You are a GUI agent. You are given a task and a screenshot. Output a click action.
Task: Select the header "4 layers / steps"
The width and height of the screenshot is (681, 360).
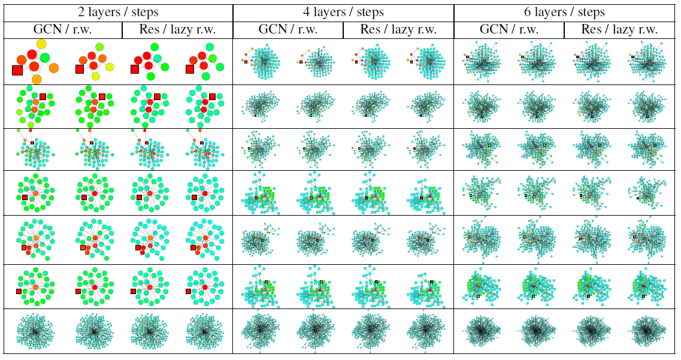343,12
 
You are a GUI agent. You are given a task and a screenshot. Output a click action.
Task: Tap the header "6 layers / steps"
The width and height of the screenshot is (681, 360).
564,12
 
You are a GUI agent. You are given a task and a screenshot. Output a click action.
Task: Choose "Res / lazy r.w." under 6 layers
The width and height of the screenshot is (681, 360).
619,29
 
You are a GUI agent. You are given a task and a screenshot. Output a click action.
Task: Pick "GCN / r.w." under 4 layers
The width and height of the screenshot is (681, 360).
287,29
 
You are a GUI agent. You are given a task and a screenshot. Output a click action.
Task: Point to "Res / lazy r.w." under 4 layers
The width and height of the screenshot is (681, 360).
398,29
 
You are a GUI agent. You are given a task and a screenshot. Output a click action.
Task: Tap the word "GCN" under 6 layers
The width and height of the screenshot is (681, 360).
495,29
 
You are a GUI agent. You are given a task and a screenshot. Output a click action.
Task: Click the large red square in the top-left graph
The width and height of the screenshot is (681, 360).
17,71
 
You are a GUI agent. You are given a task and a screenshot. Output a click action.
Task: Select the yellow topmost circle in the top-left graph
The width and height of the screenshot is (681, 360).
41,44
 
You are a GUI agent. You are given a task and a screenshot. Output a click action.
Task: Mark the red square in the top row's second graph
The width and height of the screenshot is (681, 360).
80,69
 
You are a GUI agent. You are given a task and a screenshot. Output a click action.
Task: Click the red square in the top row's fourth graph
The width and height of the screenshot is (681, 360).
190,69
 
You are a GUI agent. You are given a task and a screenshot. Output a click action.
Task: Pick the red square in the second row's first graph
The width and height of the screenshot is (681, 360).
43,96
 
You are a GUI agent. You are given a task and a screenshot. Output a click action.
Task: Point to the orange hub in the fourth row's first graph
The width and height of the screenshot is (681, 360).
35,193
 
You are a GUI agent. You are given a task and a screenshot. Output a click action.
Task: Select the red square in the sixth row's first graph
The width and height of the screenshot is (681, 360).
19,291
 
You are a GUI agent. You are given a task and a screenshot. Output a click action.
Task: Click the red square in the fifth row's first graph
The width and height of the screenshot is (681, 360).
24,247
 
